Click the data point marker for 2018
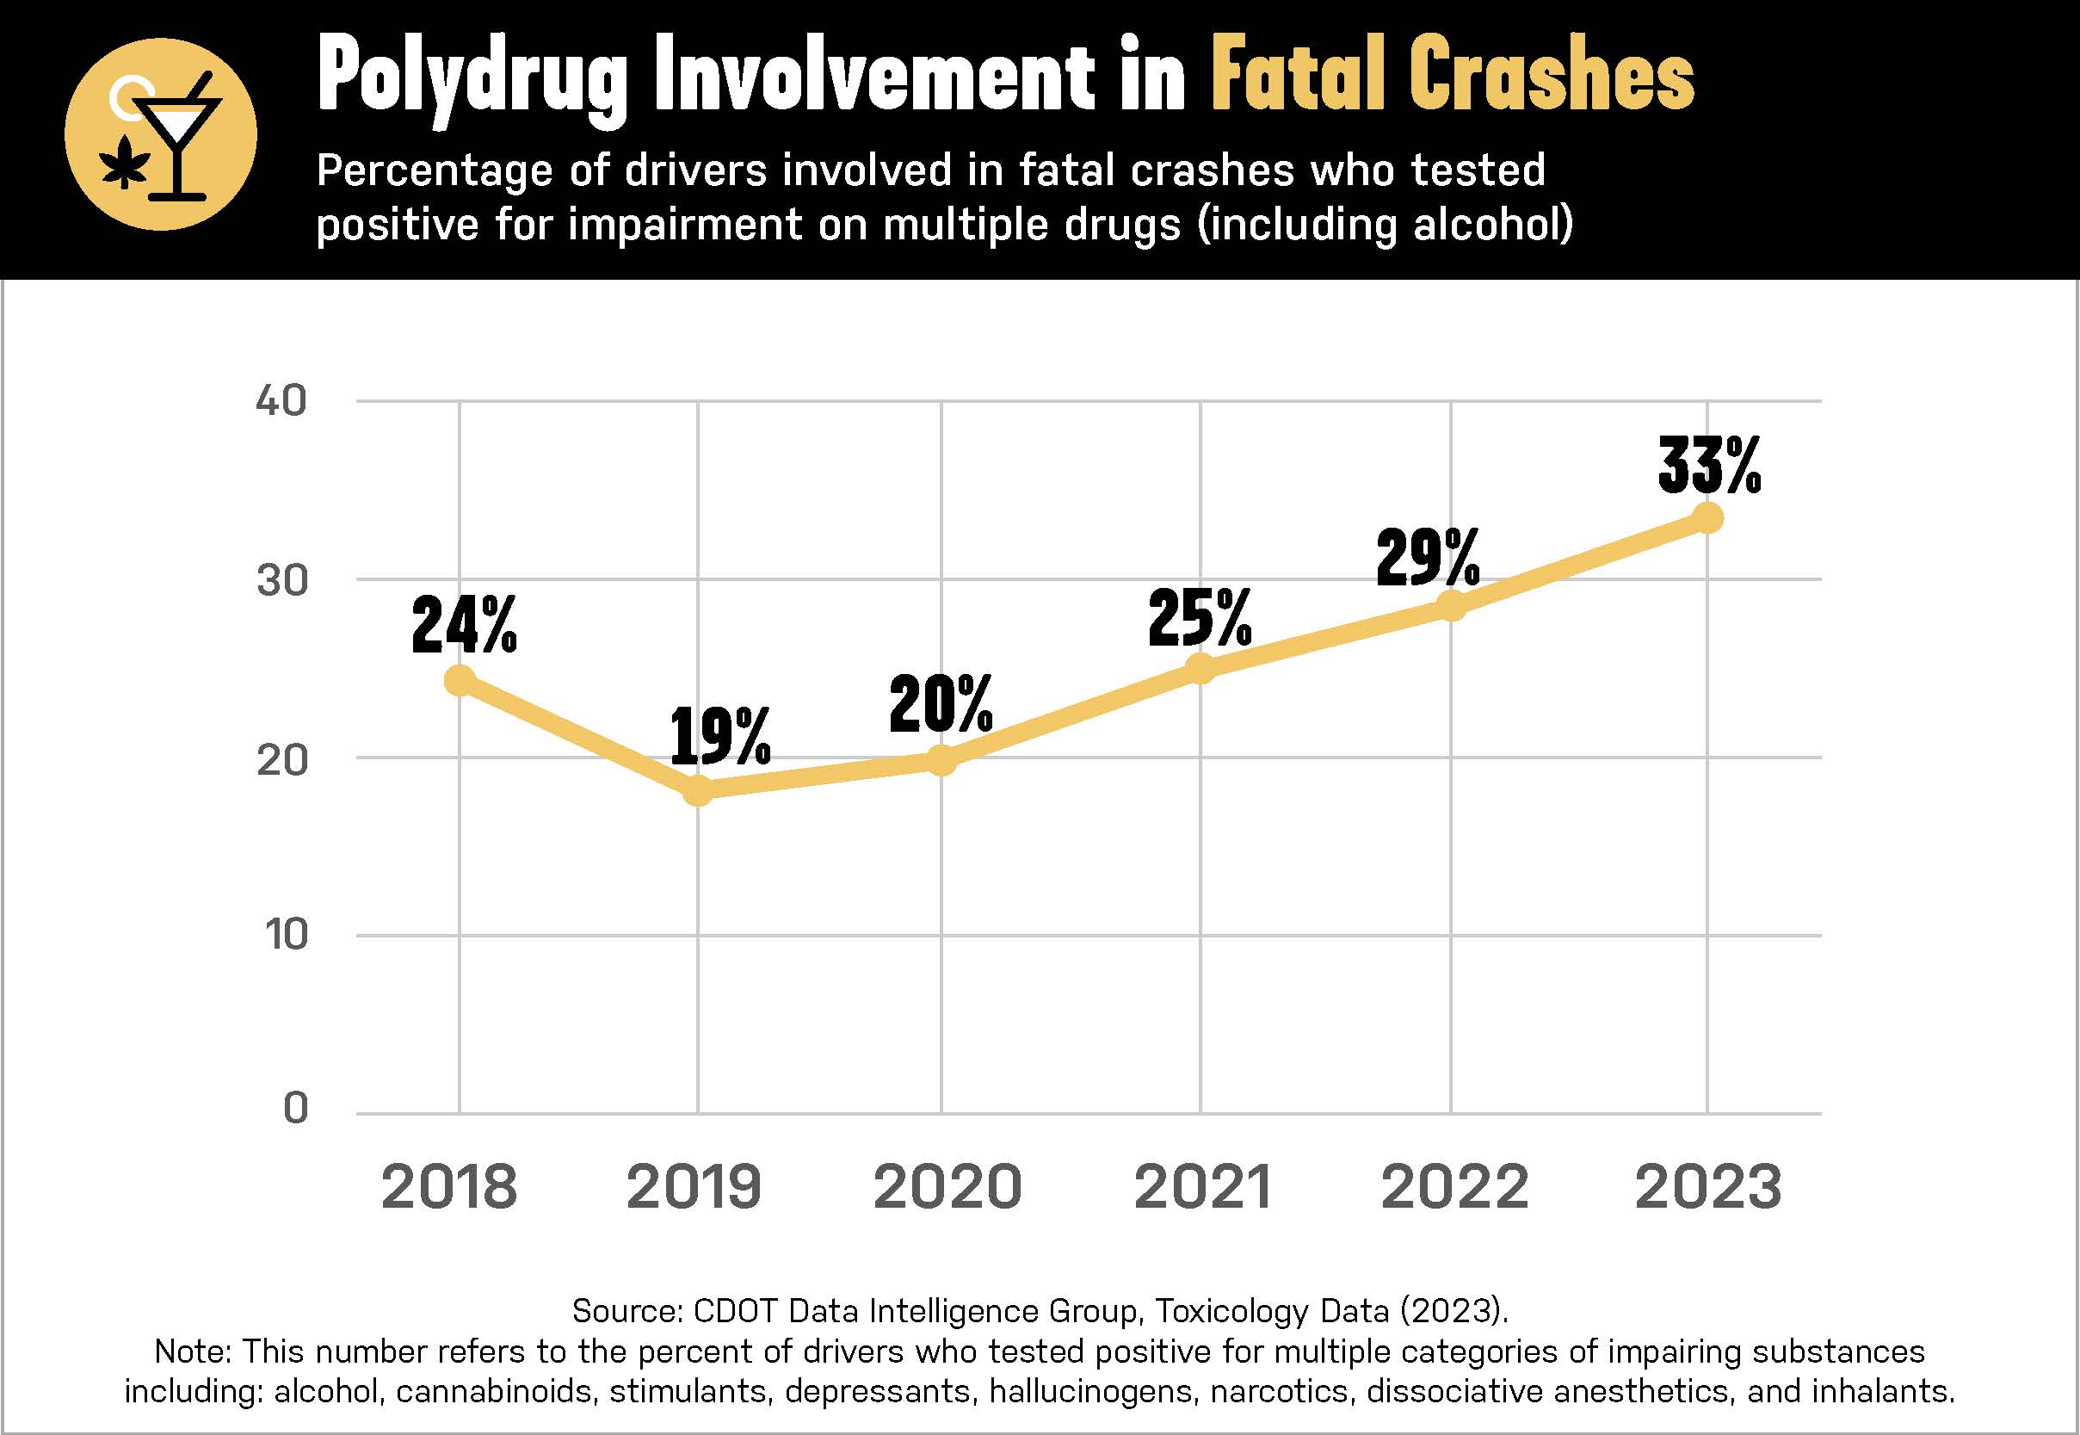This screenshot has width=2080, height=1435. (460, 681)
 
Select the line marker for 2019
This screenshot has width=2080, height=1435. (698, 791)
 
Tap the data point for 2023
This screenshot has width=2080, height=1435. (1707, 518)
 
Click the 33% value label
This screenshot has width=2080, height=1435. (1709, 466)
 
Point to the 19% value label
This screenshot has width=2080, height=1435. (720, 736)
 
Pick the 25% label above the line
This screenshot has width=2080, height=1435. (1199, 619)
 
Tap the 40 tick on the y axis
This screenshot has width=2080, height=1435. (281, 401)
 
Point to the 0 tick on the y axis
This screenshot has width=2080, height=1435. (296, 1109)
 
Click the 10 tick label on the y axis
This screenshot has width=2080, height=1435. (286, 935)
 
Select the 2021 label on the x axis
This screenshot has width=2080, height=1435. (1203, 1187)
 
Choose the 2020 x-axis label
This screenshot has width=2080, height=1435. (947, 1187)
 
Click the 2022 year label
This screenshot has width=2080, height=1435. (1454, 1187)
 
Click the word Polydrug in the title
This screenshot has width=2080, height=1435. (471, 79)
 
